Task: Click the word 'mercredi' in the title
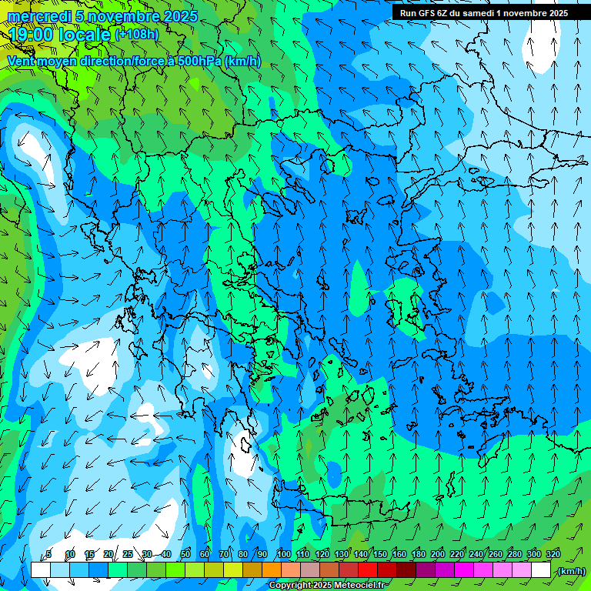point(35,16)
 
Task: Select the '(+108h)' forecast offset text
point(136,34)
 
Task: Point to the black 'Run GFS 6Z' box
point(481,12)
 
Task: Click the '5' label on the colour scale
point(48,554)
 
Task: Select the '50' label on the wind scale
point(185,554)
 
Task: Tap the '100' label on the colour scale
point(283,554)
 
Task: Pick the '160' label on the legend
point(399,554)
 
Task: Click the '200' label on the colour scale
point(438,554)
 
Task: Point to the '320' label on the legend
point(553,554)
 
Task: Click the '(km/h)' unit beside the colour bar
point(571,570)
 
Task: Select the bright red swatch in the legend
point(368,570)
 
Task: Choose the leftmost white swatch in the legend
point(41,570)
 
